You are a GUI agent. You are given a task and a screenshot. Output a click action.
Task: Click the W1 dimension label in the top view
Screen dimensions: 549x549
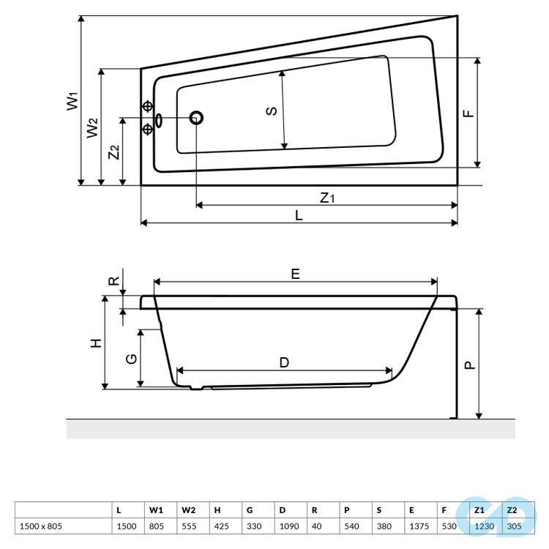[71, 101]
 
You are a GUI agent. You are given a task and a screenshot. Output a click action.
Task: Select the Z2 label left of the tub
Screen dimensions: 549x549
[113, 152]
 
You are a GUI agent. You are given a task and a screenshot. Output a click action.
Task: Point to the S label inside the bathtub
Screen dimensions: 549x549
[271, 111]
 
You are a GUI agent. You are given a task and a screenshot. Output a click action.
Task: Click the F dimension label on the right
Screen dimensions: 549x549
[469, 113]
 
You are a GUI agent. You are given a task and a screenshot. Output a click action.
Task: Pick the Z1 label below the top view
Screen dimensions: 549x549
[326, 198]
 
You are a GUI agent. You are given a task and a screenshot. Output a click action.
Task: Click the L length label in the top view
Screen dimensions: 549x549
[299, 214]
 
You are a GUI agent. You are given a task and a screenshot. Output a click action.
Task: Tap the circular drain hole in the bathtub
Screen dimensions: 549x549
[196, 118]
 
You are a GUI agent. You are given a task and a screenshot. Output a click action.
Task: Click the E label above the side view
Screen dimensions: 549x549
[295, 274]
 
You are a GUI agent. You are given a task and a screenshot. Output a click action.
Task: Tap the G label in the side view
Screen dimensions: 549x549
[131, 359]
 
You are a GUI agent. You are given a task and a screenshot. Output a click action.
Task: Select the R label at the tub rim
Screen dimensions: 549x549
[113, 280]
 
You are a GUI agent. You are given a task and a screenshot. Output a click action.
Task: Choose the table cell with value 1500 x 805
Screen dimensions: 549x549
[40, 526]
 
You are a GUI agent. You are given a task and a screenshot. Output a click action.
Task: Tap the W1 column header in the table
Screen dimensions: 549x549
[156, 509]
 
